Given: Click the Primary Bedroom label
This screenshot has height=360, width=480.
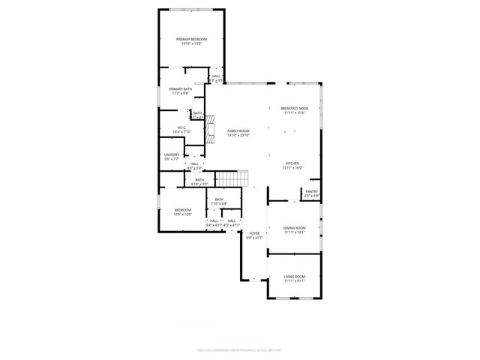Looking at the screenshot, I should coord(192,39).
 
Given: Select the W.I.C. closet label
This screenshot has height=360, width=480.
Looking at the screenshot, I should coord(181,127).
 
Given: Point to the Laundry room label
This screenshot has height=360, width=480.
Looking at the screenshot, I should coord(172,155).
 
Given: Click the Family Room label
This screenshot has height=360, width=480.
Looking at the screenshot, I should coord(238,131).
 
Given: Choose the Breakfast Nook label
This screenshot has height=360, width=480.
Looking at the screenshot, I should coord(294,108).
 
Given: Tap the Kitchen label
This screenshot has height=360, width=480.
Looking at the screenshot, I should coord(292,163).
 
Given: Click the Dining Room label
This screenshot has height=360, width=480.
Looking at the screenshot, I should coord(294,228).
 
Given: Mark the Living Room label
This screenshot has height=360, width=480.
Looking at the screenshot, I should coord(294,277).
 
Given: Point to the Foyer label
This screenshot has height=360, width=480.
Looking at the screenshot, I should coord(254,234).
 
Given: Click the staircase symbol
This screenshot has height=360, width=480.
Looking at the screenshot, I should coord(232,179).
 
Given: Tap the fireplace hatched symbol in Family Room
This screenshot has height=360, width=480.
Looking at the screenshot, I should coord(211,129).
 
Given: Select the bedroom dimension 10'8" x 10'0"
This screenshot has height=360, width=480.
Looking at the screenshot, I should coord(183,214).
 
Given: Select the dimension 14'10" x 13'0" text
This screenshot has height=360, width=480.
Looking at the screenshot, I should coord(192,43).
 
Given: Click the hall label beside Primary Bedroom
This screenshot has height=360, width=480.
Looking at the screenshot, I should coord(216,76).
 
